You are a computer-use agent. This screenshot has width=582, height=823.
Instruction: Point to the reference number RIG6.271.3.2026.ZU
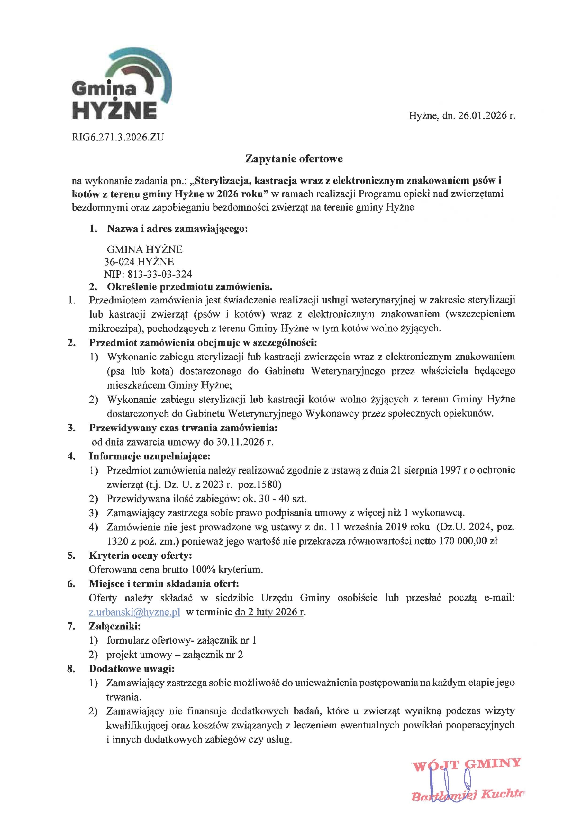click(x=118, y=137)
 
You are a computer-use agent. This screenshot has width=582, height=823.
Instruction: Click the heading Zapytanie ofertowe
click(x=294, y=159)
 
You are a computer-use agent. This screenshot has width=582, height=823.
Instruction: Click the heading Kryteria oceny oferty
click(x=141, y=555)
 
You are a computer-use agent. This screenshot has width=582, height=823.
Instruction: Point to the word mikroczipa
click(x=115, y=328)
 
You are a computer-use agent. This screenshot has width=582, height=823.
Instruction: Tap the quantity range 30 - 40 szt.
click(x=285, y=499)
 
